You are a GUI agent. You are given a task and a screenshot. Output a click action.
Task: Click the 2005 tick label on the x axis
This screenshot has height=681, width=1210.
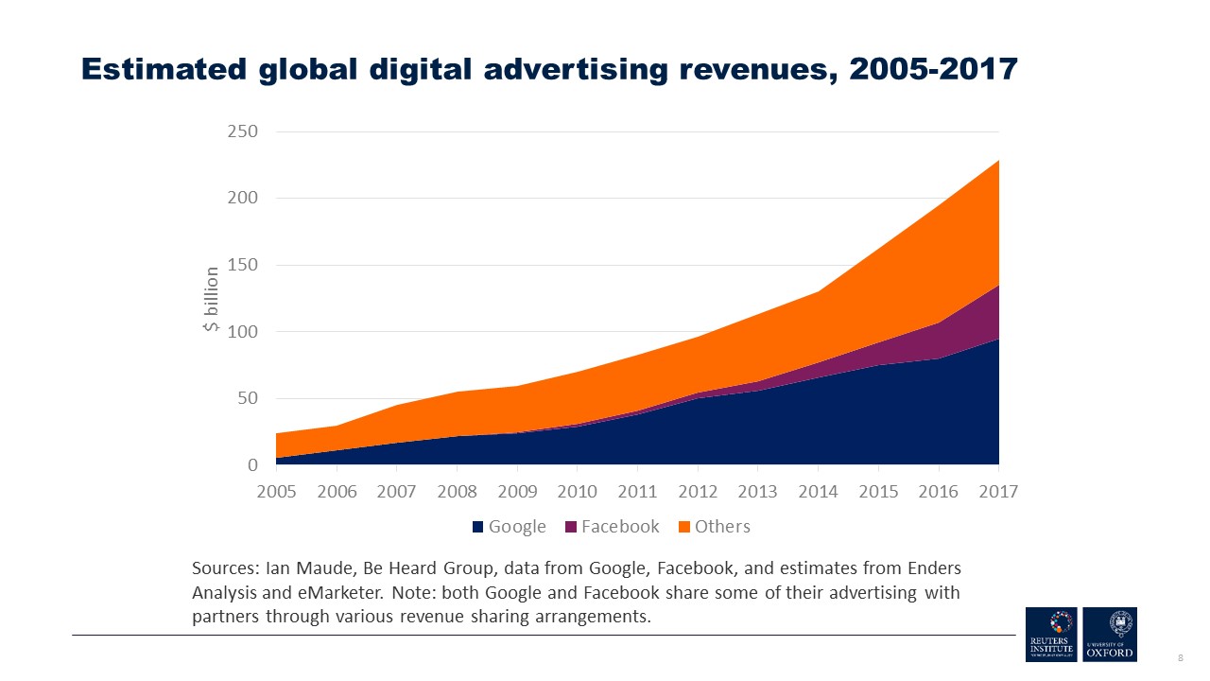point(276,492)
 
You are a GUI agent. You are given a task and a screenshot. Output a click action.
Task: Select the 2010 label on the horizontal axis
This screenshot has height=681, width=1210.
point(577,492)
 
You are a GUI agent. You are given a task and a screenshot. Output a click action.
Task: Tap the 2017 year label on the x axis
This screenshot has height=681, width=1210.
point(998,492)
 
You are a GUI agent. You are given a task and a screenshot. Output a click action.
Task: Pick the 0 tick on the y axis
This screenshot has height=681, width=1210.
point(252,465)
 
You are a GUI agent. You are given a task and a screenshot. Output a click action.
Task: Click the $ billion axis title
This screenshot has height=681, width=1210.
point(212,300)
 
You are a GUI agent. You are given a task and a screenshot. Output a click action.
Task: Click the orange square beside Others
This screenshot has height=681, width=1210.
point(685,527)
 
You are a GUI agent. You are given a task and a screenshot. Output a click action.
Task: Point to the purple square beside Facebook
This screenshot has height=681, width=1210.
point(572,527)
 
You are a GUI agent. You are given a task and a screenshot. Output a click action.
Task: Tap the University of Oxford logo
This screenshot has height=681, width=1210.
point(1110,635)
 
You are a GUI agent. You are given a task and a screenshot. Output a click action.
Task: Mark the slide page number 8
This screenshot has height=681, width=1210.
point(1180,656)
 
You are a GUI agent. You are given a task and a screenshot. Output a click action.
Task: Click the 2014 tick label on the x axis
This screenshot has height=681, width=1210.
point(818,492)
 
